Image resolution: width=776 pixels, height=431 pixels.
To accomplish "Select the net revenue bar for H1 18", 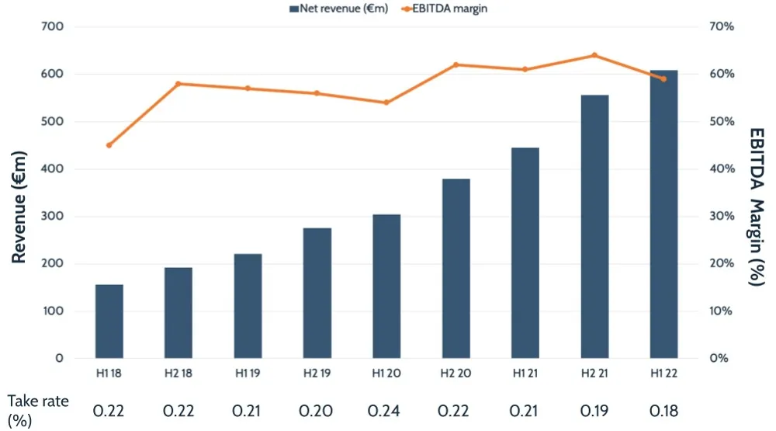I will [109, 322].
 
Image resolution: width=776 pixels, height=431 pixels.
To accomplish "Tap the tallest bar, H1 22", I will [663, 214].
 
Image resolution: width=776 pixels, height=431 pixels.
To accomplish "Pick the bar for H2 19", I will [317, 293].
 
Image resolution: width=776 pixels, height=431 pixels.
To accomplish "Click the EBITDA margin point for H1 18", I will [109, 145].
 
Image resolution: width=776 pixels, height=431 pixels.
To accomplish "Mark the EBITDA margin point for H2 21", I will [594, 55].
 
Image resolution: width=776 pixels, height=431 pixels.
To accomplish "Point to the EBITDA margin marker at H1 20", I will [386, 103].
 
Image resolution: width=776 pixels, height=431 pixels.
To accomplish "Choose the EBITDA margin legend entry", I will [442, 9].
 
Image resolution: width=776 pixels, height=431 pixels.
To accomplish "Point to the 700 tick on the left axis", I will [51, 26].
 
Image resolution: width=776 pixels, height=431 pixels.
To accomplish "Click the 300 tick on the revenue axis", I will [51, 217].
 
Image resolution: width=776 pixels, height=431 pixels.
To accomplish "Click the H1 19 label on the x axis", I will [248, 374].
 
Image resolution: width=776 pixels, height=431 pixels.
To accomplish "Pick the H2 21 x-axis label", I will [594, 374].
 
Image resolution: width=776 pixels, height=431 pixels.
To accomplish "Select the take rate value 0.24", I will [386, 409].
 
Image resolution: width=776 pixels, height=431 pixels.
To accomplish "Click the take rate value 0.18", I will [663, 409].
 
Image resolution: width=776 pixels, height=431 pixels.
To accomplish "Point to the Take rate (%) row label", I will [38, 409].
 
